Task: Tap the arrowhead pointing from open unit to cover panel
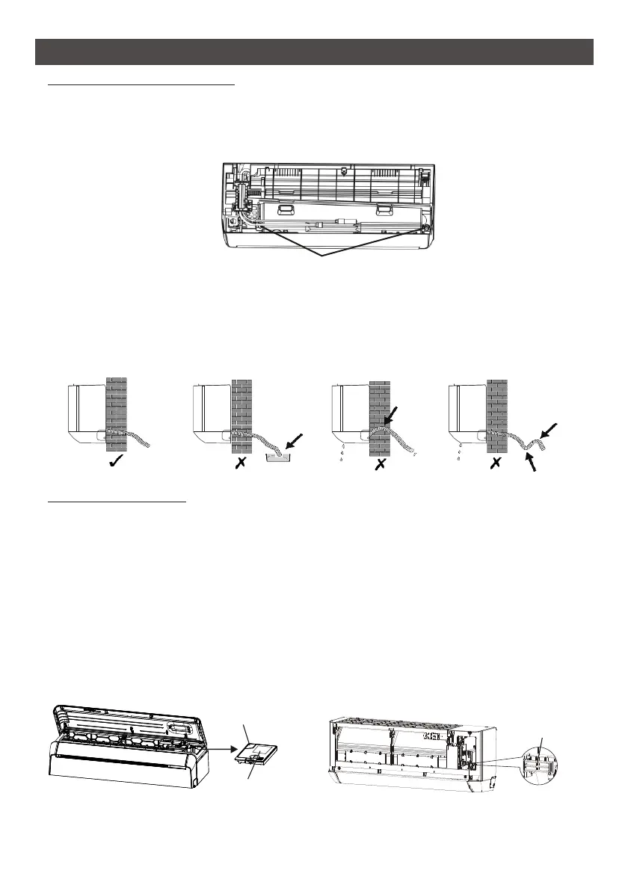[x=237, y=745]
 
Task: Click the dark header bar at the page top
[x=314, y=52]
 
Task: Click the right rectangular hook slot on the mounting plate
[x=385, y=210]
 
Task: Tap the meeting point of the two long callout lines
[x=323, y=256]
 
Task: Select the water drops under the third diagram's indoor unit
[x=341, y=454]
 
